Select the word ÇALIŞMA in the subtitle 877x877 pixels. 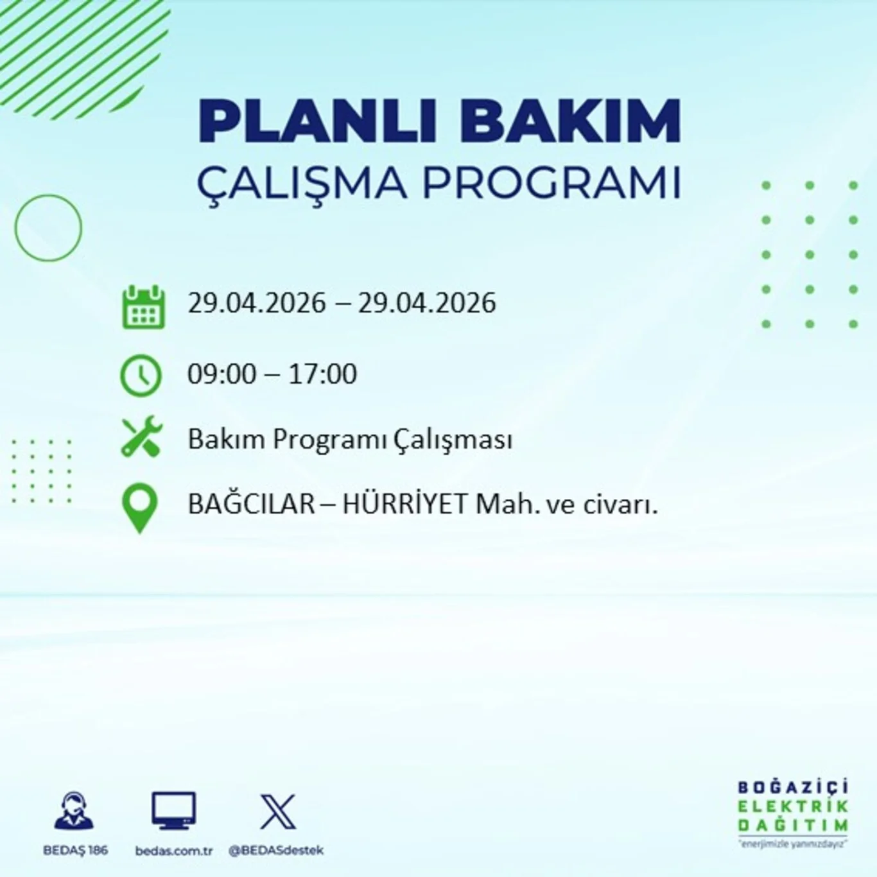click(x=302, y=183)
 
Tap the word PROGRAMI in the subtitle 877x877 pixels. click(x=551, y=183)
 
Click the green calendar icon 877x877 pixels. click(x=143, y=308)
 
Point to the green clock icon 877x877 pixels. click(x=141, y=375)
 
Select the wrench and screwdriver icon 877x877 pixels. click(x=142, y=437)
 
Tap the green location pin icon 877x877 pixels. click(x=140, y=507)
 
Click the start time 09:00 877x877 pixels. click(x=222, y=374)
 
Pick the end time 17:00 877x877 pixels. click(x=322, y=374)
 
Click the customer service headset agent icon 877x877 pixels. click(x=74, y=811)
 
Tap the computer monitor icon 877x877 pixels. click(x=173, y=811)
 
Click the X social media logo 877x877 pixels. click(x=277, y=812)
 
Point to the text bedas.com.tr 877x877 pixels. click(x=173, y=851)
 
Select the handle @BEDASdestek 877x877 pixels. click(x=276, y=851)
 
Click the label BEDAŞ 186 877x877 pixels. click(x=75, y=851)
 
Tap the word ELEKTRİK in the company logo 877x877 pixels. click(x=793, y=806)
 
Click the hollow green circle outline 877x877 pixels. click(x=49, y=228)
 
